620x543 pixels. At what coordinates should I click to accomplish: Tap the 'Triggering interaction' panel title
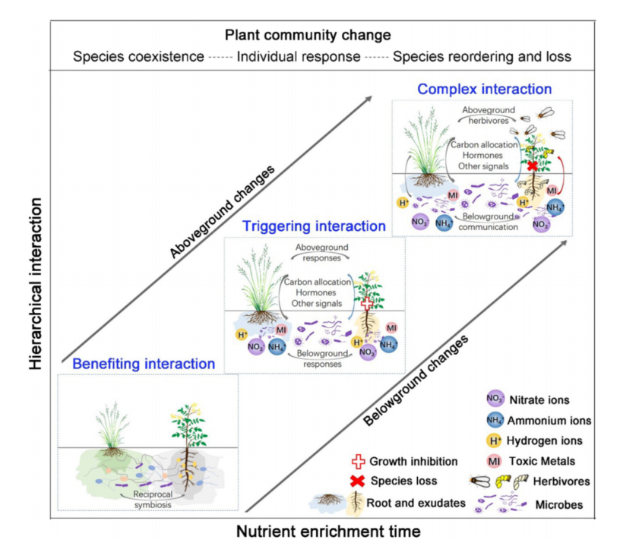pos(315,226)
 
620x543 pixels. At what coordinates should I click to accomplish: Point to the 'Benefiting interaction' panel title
pos(144,364)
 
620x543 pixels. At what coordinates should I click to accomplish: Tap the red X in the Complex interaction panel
pos(533,166)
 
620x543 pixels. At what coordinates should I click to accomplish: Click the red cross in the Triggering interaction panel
pos(367,304)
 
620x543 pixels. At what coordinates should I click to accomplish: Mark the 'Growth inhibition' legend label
pos(413,461)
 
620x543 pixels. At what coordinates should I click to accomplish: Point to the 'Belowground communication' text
pos(486,220)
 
